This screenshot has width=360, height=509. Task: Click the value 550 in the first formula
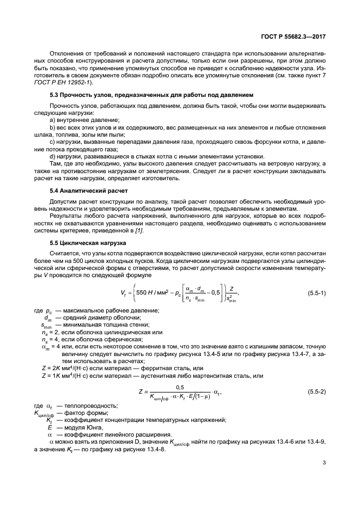144,293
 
